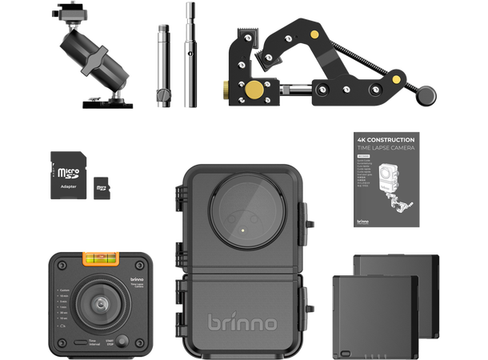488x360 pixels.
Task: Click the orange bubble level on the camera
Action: click(x=98, y=259)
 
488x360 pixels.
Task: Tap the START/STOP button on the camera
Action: click(x=120, y=341)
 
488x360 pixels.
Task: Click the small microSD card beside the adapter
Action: click(x=100, y=190)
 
